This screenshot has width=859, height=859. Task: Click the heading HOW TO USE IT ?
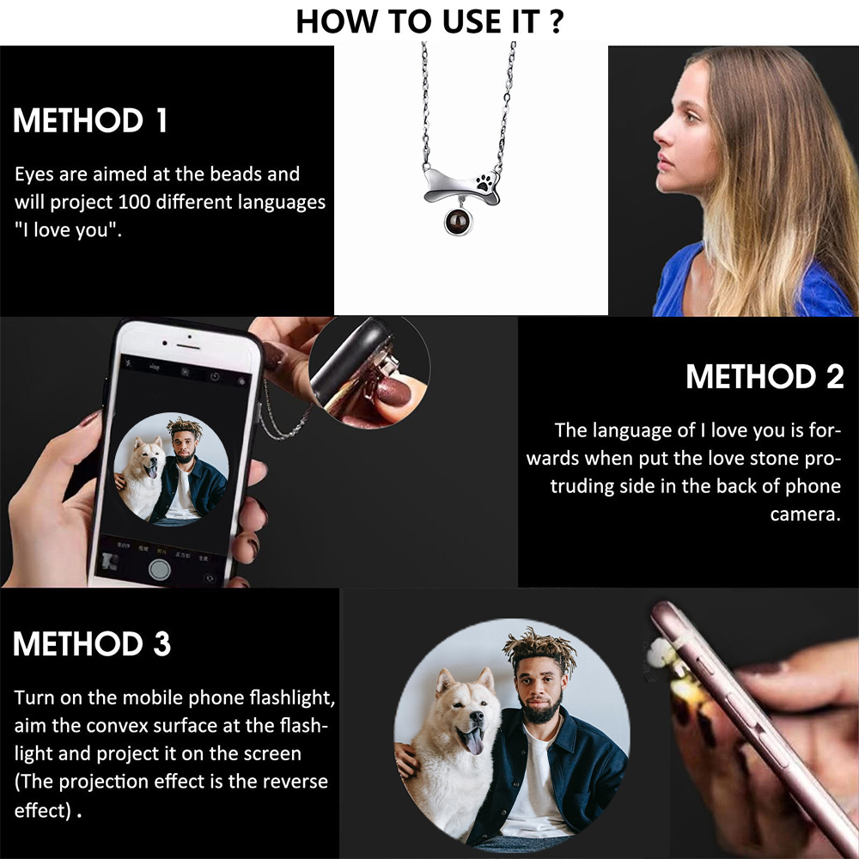pos(429,21)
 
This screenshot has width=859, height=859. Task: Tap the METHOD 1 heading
pos(90,120)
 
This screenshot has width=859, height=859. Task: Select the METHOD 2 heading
pos(765,377)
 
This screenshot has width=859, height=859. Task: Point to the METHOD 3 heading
pos(92,643)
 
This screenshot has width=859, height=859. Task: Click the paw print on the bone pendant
pos(484,182)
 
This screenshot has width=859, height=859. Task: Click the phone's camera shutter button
pos(160,570)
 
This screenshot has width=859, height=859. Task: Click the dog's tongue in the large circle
pos(472,741)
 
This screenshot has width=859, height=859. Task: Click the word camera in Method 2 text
pos(805,515)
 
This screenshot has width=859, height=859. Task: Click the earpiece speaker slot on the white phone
pos(189,346)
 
